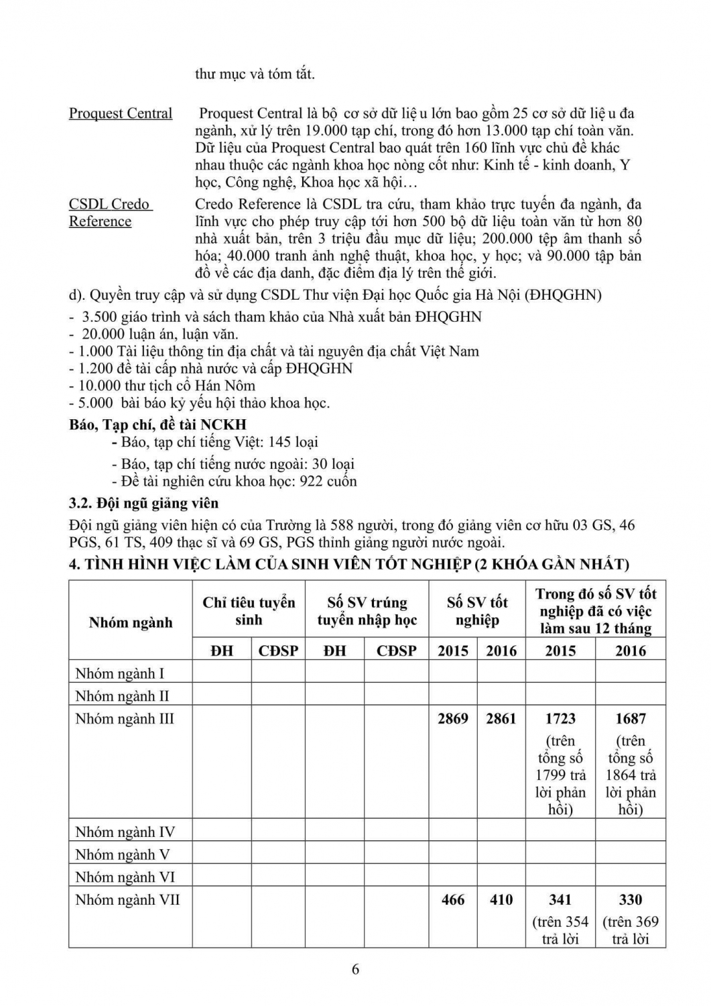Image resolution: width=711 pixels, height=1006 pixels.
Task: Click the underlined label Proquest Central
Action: pyautogui.click(x=121, y=113)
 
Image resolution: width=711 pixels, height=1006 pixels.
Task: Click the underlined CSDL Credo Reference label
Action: pyautogui.click(x=110, y=213)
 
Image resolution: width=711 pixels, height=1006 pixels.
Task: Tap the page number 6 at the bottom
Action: pyautogui.click(x=355, y=968)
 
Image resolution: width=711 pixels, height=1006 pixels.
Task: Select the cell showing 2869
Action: pyautogui.click(x=453, y=719)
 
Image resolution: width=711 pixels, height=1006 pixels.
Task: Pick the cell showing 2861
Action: pyautogui.click(x=501, y=719)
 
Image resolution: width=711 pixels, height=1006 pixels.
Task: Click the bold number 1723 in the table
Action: pyautogui.click(x=560, y=719)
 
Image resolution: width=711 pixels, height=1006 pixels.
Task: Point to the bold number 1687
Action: pyautogui.click(x=631, y=719)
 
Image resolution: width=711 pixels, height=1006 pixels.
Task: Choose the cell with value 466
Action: pyautogui.click(x=453, y=899)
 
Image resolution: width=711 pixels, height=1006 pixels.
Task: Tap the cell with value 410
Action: pyautogui.click(x=501, y=899)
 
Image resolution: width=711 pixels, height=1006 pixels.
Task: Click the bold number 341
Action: pyautogui.click(x=560, y=899)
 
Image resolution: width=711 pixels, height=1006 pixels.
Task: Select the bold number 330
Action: pyautogui.click(x=631, y=899)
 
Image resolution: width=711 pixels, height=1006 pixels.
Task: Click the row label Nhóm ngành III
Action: pyautogui.click(x=125, y=719)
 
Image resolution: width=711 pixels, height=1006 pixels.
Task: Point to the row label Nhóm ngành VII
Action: pyautogui.click(x=127, y=899)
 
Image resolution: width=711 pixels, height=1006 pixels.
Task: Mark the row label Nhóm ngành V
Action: pyautogui.click(x=122, y=854)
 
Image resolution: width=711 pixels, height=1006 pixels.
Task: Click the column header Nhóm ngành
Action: pyautogui.click(x=131, y=622)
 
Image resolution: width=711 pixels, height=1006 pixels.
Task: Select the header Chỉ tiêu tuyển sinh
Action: pyautogui.click(x=249, y=611)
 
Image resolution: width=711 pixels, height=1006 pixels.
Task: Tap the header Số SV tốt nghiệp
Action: pyautogui.click(x=477, y=611)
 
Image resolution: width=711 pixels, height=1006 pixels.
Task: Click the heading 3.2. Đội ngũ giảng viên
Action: pyautogui.click(x=143, y=503)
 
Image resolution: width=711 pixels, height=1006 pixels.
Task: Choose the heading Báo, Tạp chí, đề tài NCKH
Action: pyautogui.click(x=157, y=425)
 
